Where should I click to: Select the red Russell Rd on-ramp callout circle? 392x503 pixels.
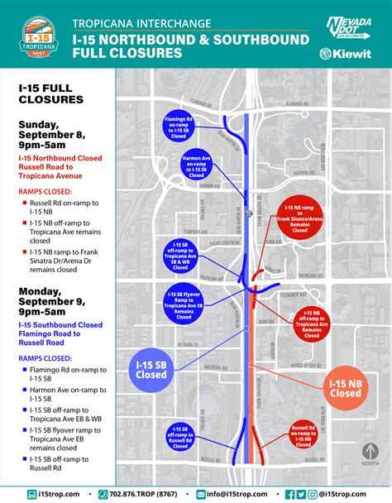tap(300, 434)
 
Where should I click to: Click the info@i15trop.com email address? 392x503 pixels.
tap(239, 493)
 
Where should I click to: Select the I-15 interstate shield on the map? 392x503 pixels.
tap(249, 213)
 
